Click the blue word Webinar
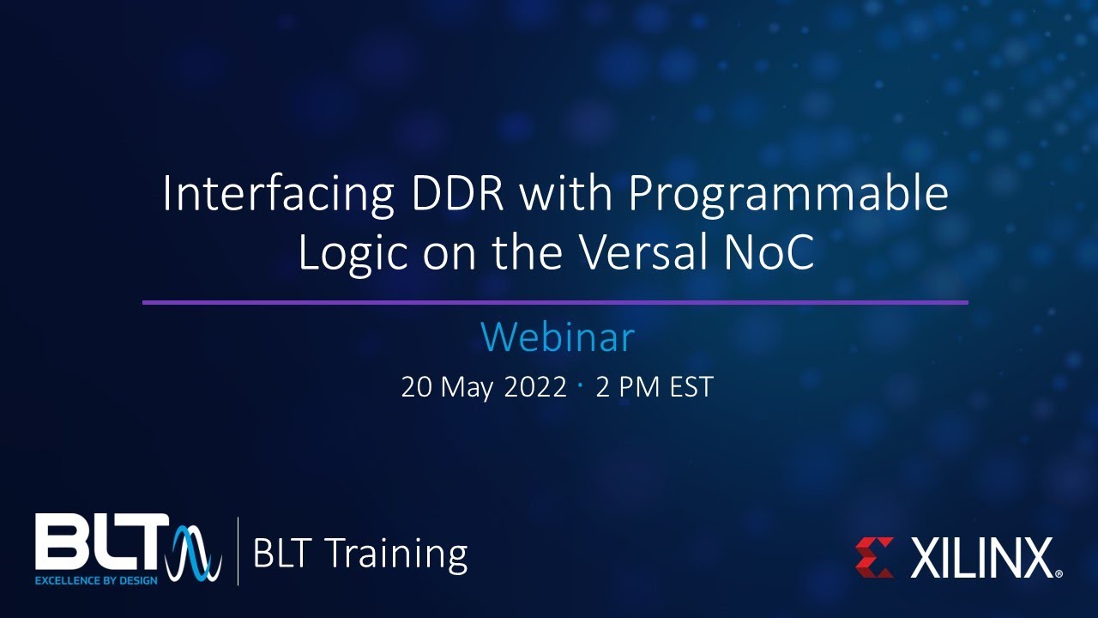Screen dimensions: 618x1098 [558, 337]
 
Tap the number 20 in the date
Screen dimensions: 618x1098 [416, 387]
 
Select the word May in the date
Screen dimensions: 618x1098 [468, 388]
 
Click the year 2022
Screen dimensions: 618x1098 [535, 387]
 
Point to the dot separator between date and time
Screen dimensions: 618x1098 [581, 386]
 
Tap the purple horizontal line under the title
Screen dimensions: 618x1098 [555, 302]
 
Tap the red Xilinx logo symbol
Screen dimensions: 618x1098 [874, 557]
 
